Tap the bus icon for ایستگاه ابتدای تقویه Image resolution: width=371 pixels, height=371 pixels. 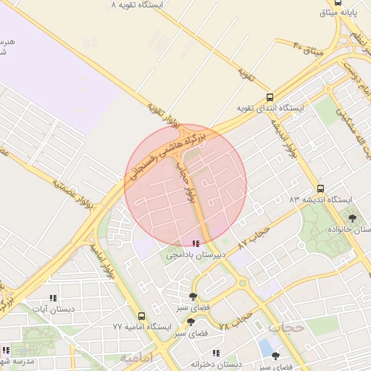[x=270, y=97]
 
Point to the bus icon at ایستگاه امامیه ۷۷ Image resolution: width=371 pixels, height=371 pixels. [x=141, y=317]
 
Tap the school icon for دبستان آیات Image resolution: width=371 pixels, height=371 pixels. [x=52, y=298]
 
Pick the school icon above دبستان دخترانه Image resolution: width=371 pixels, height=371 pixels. [x=196, y=353]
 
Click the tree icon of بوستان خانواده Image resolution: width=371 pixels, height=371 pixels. [x=353, y=217]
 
